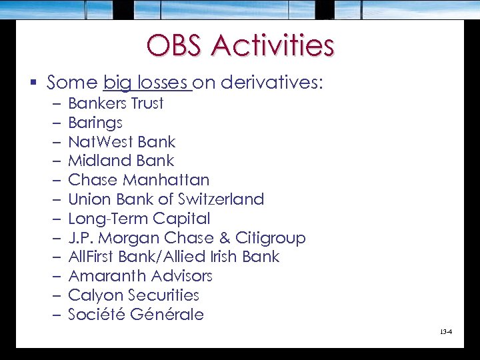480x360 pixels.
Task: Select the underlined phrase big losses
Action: pos(147,83)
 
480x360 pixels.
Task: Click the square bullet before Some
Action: pos(33,83)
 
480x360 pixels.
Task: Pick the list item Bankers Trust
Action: pos(115,103)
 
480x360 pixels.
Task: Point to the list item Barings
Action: pos(95,123)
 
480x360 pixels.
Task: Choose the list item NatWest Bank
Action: pos(121,142)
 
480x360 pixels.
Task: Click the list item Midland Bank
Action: pos(121,161)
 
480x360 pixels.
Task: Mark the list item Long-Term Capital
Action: pos(139,219)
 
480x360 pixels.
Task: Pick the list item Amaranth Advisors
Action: pos(140,276)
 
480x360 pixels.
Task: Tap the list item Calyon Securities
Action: pos(133,295)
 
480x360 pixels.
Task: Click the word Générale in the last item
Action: pos(169,314)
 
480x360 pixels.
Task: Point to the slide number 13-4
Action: pos(446,331)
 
